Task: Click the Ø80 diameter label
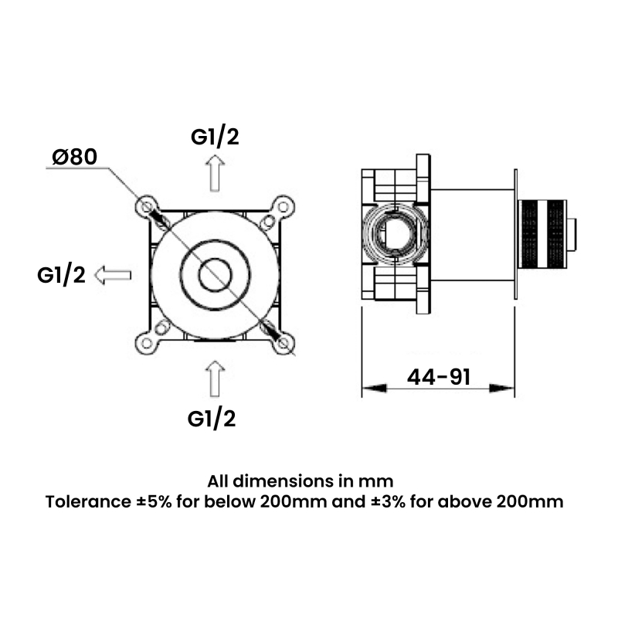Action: click(74, 157)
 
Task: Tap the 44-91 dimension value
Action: click(439, 377)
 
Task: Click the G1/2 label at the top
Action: click(215, 137)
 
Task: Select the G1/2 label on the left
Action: click(61, 274)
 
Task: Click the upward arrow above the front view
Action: click(216, 171)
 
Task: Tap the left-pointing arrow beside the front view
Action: click(114, 274)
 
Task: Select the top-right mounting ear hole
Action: click(284, 205)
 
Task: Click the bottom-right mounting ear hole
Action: click(284, 343)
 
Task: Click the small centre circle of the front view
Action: click(214, 274)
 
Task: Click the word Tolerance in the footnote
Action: click(83, 502)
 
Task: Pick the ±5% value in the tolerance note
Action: click(152, 502)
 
